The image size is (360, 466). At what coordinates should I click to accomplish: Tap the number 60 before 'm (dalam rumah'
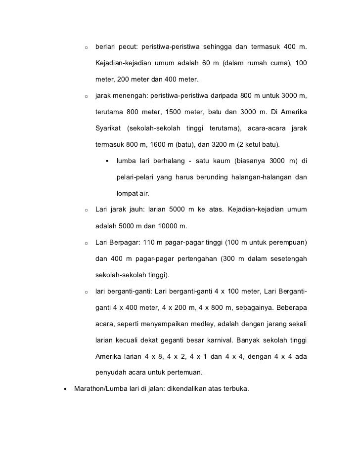point(208,64)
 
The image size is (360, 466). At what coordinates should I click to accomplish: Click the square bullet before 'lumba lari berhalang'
point(107,161)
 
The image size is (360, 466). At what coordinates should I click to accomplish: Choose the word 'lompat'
point(127,194)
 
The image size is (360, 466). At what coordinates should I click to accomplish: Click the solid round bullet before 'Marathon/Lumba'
point(65,389)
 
